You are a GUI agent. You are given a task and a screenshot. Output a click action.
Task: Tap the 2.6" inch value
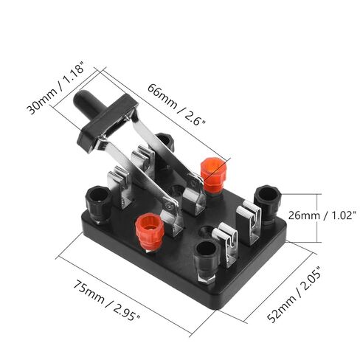(x=195, y=117)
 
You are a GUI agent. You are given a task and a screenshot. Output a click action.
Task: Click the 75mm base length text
(x=89, y=291)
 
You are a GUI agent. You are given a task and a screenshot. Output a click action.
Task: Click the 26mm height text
(x=304, y=215)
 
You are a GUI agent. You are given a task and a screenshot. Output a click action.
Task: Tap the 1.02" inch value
(x=342, y=215)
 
